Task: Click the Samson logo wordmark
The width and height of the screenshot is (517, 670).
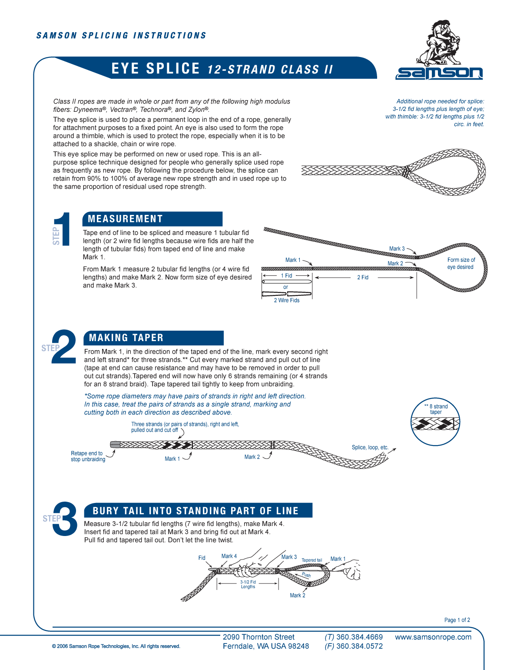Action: click(x=439, y=73)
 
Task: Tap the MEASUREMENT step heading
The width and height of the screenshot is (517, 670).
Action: click(x=125, y=219)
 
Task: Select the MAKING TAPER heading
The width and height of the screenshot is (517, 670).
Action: click(x=126, y=338)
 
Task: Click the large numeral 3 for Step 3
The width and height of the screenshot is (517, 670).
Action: click(x=66, y=518)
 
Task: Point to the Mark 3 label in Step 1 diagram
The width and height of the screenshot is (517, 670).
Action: click(x=397, y=249)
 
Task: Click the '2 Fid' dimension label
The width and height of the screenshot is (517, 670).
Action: click(x=362, y=277)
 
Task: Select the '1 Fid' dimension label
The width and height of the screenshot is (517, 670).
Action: click(x=286, y=276)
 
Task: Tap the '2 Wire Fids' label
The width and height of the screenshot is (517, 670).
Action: click(x=286, y=300)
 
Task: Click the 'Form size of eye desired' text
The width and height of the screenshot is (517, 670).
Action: click(x=461, y=263)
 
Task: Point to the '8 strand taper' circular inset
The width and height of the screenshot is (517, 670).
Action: click(x=435, y=422)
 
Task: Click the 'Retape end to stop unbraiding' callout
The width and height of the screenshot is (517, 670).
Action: click(x=88, y=456)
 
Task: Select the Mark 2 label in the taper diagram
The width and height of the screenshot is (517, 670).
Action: click(x=252, y=457)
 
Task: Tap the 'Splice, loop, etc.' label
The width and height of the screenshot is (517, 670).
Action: click(x=370, y=447)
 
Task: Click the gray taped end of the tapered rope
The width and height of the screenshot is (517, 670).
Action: click(x=115, y=444)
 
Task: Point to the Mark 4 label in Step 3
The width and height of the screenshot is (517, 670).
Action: click(x=229, y=556)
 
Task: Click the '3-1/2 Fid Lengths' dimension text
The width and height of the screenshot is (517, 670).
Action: click(x=248, y=584)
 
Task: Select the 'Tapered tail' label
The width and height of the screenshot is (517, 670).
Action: click(x=312, y=560)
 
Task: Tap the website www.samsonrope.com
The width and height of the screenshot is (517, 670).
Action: click(x=433, y=637)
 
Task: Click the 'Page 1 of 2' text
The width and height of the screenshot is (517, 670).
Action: click(x=457, y=620)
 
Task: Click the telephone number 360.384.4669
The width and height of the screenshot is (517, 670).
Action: click(x=359, y=637)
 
